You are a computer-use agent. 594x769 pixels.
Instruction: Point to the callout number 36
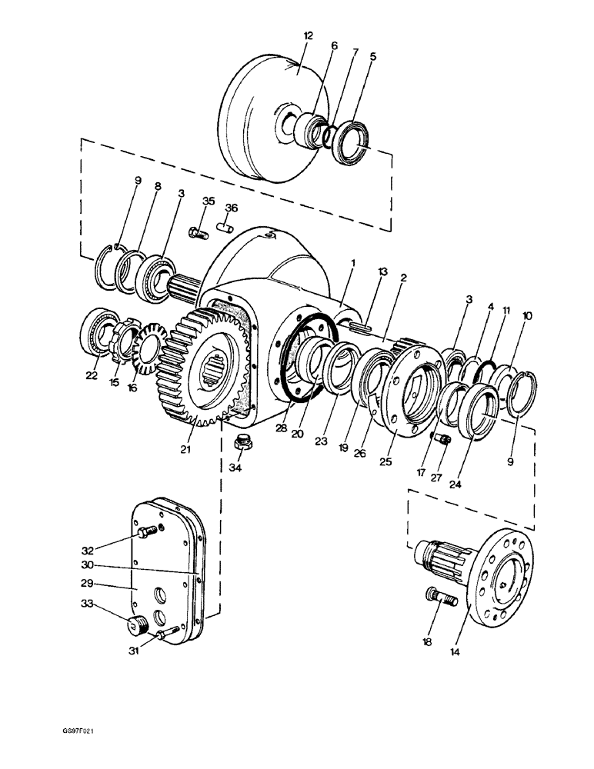coord(231,208)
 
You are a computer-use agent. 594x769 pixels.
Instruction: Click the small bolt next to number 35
coord(198,231)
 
